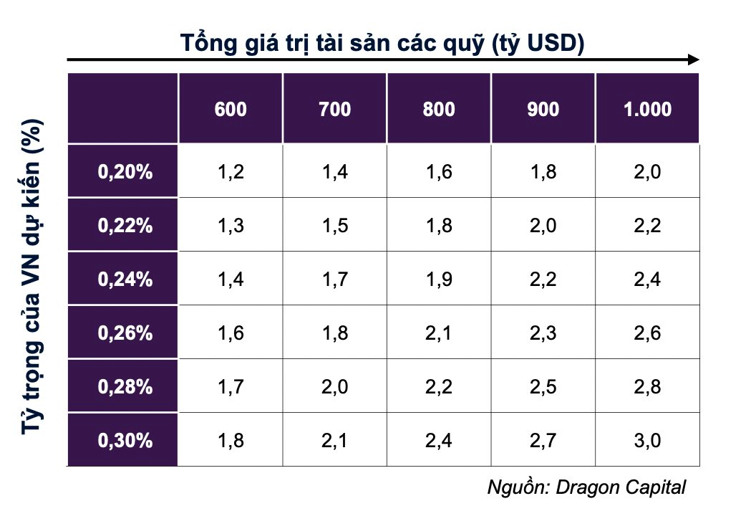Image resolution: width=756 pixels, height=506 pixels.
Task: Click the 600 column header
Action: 230,110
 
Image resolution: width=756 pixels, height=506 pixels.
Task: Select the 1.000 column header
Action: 647,110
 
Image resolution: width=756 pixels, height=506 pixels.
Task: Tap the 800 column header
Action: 438,110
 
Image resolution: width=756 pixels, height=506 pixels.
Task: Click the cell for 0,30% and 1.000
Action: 647,440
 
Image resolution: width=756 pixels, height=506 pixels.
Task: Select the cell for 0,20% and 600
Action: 230,172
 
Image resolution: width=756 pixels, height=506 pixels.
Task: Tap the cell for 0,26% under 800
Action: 438,333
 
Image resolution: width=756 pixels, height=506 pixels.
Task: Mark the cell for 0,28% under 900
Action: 543,387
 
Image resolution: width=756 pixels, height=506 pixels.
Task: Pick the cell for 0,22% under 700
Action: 334,226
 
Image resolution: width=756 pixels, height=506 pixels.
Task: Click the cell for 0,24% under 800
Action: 438,280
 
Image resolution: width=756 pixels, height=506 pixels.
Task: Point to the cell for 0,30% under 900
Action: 543,440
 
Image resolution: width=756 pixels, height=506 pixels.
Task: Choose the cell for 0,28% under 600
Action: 230,387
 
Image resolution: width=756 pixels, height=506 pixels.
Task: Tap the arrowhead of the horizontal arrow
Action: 692,60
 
